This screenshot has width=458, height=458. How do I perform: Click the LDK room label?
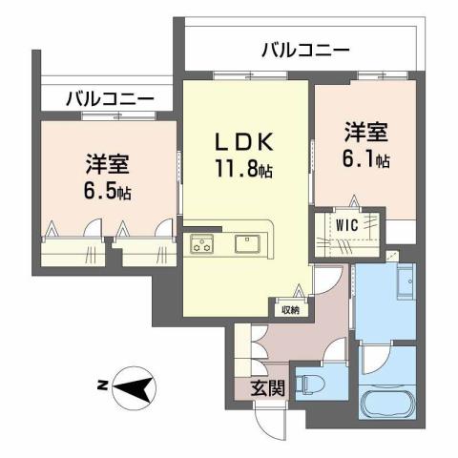pos(245,143)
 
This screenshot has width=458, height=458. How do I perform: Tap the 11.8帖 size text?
pos(245,172)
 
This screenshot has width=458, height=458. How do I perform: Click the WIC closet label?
pos(345,224)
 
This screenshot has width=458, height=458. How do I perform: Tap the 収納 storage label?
pos(289,308)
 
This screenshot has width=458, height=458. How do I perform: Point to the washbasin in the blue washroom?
pos(404,283)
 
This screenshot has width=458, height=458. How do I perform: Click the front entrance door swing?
pos(269,420)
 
